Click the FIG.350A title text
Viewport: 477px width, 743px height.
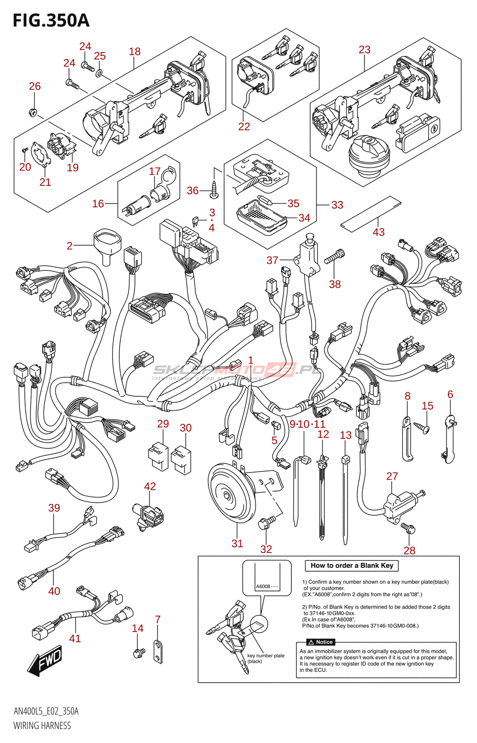coord(52,20)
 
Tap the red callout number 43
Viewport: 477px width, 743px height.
coord(379,232)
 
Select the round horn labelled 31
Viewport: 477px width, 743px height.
coord(232,495)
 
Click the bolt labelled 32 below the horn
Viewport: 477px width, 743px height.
coord(266,523)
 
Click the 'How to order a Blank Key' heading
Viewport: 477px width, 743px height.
coord(352,566)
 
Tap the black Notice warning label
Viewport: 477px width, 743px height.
coord(321,642)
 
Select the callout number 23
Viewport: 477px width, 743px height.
coord(364,50)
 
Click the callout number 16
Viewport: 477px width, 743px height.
coord(98,204)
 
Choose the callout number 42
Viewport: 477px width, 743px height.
coord(150,486)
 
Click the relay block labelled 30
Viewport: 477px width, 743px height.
coord(181,460)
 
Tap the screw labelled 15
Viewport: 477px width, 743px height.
coord(421,428)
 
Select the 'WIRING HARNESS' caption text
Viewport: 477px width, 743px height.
coord(42,725)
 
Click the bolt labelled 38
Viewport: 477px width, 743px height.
coord(334,256)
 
